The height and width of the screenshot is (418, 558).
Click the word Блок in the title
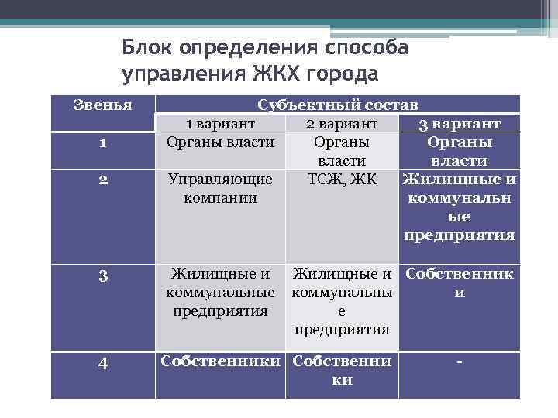[x=147, y=48]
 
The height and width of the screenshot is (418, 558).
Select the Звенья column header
[x=102, y=104]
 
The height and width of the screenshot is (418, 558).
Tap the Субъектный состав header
[x=337, y=105]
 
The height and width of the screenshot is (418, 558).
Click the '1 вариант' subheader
[x=221, y=124]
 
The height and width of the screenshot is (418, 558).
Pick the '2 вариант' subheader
[x=342, y=124]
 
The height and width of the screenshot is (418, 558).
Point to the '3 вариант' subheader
[x=459, y=124]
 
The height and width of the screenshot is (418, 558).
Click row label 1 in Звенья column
[x=102, y=143]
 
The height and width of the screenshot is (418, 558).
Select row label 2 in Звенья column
[x=102, y=180]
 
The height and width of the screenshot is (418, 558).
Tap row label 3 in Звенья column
[x=102, y=274]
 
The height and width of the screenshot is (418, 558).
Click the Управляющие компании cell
[x=221, y=188]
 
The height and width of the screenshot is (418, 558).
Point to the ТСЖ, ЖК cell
[x=342, y=180]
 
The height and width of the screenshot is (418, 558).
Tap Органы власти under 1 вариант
[x=221, y=142]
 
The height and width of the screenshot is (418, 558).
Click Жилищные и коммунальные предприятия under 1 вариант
[x=221, y=293]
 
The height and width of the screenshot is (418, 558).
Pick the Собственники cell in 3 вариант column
[x=459, y=283]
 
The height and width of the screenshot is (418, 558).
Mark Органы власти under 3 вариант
[x=459, y=152]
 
